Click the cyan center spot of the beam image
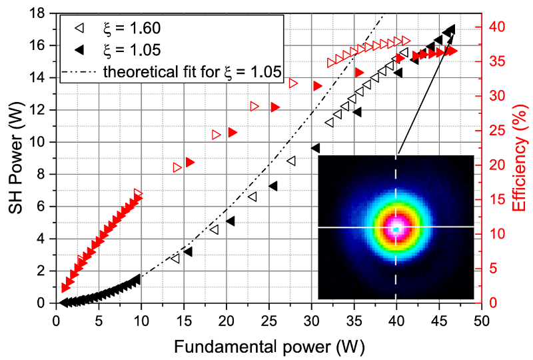(396, 229)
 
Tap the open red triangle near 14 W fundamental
(177, 167)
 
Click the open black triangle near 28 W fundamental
(291, 161)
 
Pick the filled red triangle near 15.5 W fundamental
(190, 162)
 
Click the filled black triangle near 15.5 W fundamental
(188, 251)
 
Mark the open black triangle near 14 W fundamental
(175, 259)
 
